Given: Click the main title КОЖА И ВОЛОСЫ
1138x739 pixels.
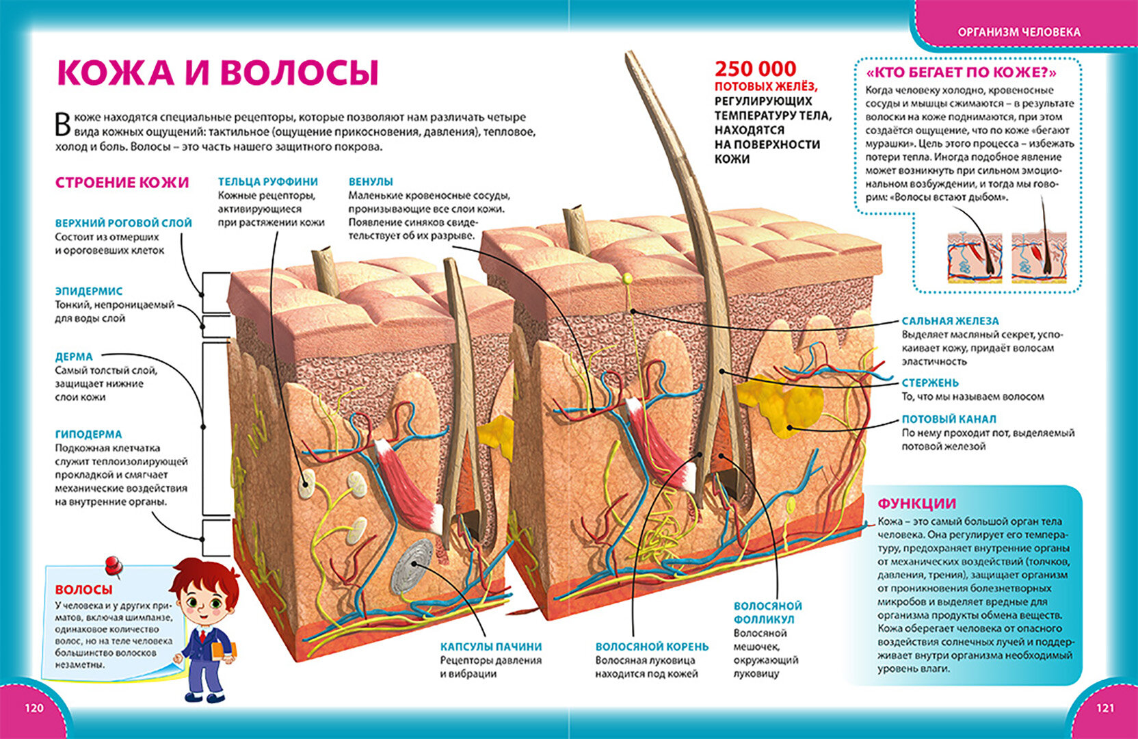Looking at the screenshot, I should point(217,73).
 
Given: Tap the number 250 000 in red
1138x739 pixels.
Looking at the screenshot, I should point(755,68).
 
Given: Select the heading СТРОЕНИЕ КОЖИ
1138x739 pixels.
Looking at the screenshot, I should point(122,183).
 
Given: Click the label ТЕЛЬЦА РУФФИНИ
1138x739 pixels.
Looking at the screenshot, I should point(267,181).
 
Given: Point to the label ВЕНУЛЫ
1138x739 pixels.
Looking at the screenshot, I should point(371,181).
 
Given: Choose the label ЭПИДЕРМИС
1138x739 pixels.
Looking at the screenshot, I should point(89,291).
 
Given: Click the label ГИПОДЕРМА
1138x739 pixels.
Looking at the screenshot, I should point(88,434).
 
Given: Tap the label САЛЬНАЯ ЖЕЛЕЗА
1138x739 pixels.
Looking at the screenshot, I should point(950,320).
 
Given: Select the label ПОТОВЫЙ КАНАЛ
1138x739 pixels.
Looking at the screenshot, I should point(949,419).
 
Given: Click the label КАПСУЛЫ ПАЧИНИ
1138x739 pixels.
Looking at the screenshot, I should point(490,646).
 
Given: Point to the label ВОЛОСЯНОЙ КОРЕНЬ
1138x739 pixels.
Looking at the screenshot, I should point(651,646).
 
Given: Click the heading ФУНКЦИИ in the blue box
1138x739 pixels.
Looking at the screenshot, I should point(916,504).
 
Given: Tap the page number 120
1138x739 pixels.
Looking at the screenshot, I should point(34,708).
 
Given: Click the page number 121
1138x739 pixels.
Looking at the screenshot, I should point(1104,708).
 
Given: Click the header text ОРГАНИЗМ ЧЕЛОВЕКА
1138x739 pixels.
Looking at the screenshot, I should point(1018,32).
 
